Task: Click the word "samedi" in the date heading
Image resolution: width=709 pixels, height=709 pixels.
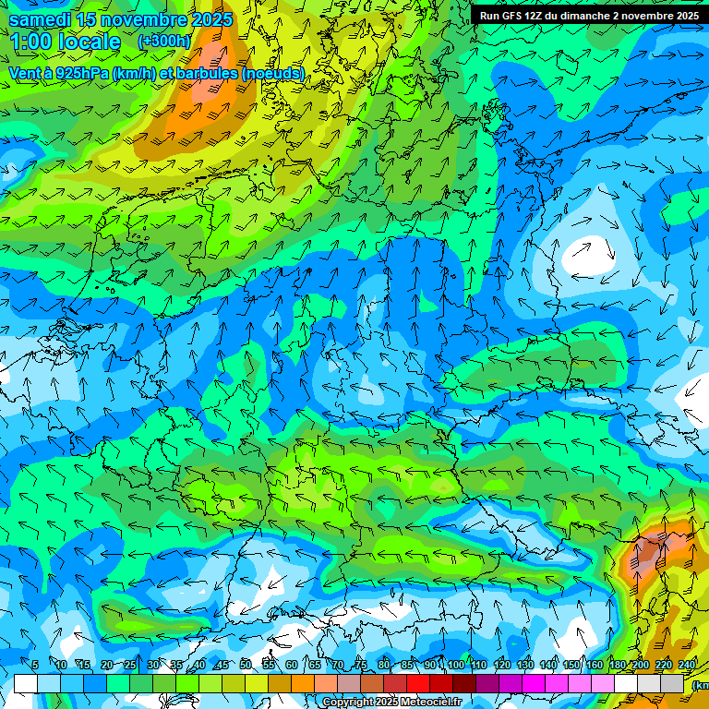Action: point(39,19)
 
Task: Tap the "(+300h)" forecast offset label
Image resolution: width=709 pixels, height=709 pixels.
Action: point(164,41)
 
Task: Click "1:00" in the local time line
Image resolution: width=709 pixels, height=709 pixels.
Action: point(30,42)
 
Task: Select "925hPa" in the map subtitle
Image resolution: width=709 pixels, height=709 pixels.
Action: point(81,73)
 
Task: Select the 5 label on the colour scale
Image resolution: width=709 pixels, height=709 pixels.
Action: point(34,665)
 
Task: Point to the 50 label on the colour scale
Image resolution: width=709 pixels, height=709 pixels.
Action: point(246,665)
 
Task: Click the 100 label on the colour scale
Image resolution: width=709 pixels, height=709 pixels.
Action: point(456,665)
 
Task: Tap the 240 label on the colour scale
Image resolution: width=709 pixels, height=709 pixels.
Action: point(687,665)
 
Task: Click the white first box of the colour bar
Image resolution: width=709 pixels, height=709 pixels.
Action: point(26,683)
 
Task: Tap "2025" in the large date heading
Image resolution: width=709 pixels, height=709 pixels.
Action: point(211,19)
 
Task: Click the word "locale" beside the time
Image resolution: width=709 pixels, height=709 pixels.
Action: point(90,42)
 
